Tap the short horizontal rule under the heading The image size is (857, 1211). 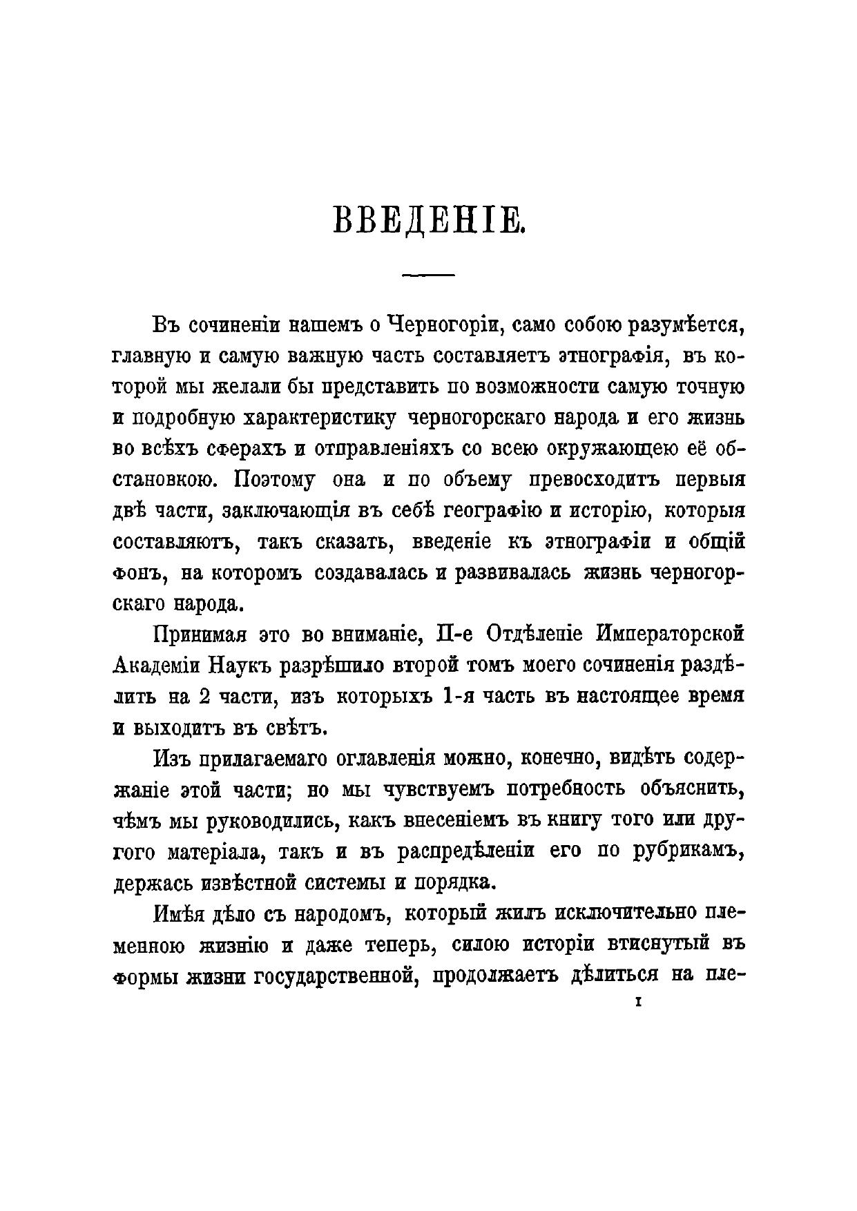point(428,275)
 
